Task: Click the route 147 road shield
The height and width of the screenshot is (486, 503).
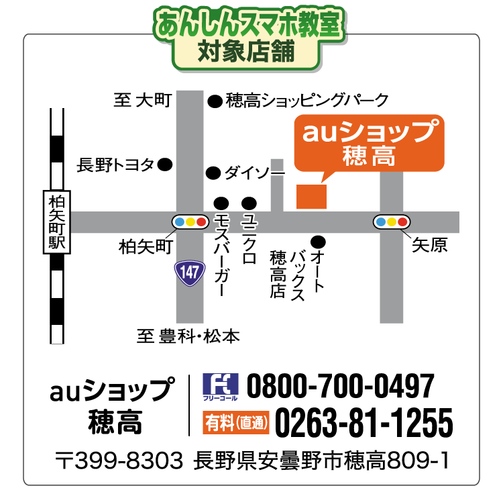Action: tap(189, 272)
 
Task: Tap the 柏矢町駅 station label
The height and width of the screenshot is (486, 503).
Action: tap(56, 222)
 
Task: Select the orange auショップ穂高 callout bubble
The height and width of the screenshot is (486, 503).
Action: tap(369, 143)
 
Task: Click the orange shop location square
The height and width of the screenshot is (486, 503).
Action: tap(311, 195)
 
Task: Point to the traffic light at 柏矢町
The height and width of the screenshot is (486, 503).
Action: tap(190, 222)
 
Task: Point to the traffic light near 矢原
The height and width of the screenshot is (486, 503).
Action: tap(392, 222)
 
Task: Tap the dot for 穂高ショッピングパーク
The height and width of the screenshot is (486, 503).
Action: tap(214, 101)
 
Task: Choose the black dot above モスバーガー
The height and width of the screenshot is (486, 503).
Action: tap(221, 203)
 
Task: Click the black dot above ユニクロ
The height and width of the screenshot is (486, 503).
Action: tap(249, 203)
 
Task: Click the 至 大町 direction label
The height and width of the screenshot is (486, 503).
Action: tap(143, 101)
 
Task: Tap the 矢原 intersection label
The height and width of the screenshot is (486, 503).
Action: tap(429, 245)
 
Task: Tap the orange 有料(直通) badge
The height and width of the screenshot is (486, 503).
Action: tap(235, 423)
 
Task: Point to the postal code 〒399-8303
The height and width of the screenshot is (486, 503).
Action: tap(119, 461)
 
